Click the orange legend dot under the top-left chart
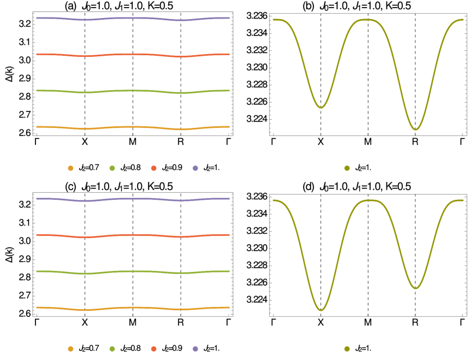(70, 168)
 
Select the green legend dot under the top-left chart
(112, 168)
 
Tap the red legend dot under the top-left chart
(153, 168)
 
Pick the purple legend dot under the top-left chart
(195, 168)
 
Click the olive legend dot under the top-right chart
(347, 168)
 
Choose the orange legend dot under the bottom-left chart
(70, 349)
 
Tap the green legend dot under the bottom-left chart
(112, 349)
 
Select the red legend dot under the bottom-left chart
(153, 349)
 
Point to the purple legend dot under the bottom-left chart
(195, 349)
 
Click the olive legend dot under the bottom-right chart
(347, 349)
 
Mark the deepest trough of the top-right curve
(415, 129)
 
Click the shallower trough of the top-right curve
(320, 108)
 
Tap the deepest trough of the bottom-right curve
(320, 310)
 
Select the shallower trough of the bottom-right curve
(415, 288)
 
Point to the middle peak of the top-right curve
(367, 20)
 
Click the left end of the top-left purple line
(37, 18)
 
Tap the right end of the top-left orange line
(229, 127)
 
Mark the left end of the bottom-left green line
(37, 272)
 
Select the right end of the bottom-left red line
(229, 235)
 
